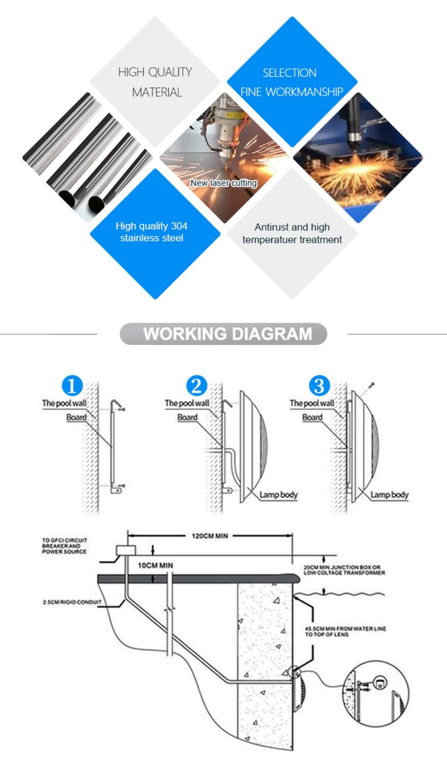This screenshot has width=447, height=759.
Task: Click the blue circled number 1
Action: point(72,386)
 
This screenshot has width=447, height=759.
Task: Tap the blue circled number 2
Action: point(196,386)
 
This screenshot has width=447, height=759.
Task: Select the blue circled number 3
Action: point(319,386)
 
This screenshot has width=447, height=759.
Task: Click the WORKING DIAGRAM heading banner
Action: point(223,334)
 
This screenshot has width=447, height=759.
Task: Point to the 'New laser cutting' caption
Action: point(224,183)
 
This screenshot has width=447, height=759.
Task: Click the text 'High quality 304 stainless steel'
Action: point(152,232)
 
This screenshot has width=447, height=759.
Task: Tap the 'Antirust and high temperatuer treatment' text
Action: point(292,233)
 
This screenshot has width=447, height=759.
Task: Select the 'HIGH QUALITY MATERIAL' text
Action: point(156,82)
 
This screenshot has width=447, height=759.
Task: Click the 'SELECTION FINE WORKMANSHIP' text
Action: point(291,82)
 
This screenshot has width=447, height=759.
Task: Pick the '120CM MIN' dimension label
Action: point(210,536)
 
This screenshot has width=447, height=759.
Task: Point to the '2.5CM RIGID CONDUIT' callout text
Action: point(72,602)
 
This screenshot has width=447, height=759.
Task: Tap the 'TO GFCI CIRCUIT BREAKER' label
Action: point(64,546)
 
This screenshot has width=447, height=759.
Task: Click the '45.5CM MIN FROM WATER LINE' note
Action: point(345,631)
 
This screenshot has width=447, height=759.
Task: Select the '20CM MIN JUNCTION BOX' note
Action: point(344,570)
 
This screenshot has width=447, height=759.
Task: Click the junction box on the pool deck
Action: point(126,551)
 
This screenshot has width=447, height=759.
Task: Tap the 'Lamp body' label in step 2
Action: point(278,495)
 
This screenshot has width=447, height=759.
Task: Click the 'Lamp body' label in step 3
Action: point(389,495)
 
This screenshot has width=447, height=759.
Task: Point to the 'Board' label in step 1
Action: point(76,417)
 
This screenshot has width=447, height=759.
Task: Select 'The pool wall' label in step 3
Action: point(311,403)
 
